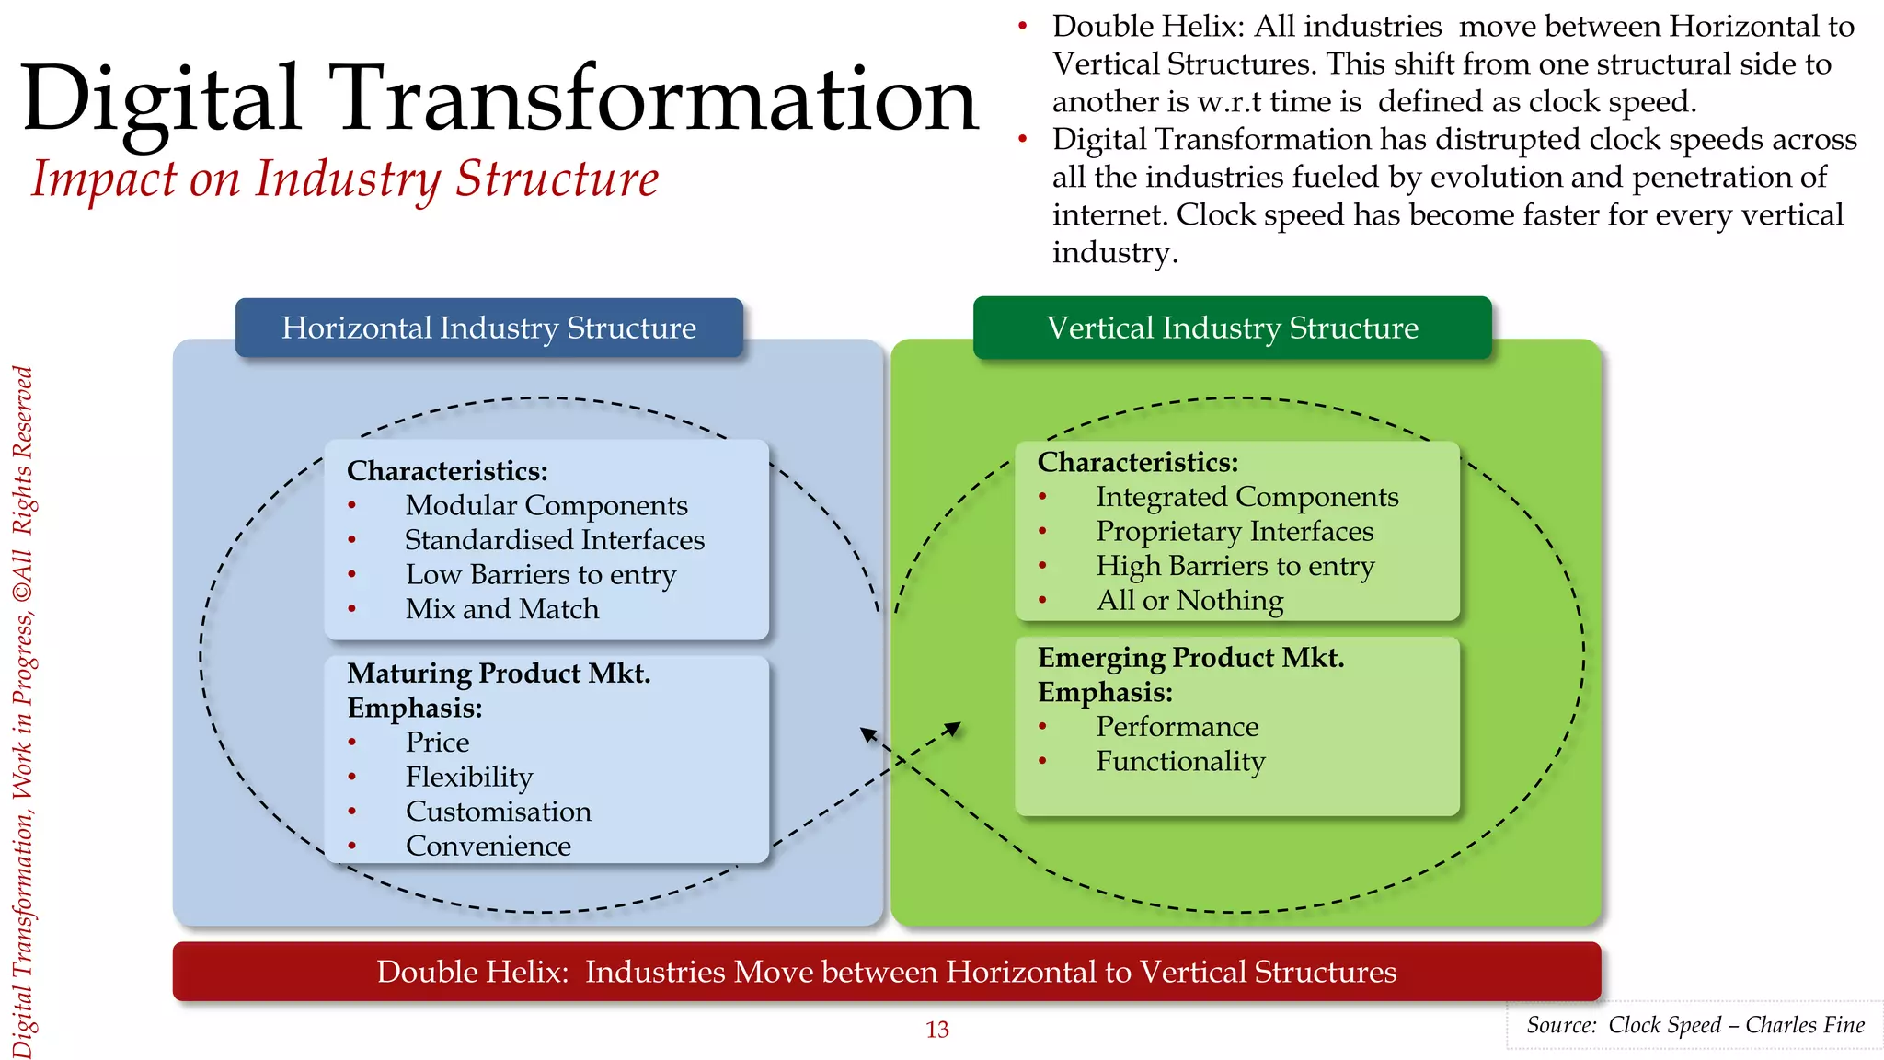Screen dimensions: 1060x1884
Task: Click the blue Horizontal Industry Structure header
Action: [x=488, y=328]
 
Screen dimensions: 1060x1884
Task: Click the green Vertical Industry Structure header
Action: [x=1232, y=328]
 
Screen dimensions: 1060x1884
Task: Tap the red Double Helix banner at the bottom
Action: [x=886, y=972]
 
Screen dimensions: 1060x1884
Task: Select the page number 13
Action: [x=936, y=1030]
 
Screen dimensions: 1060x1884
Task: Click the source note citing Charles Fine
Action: [x=1694, y=1025]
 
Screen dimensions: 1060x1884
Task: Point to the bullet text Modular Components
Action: [x=546, y=505]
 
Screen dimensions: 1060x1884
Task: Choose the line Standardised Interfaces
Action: [x=555, y=540]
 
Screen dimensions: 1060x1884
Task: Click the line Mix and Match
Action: [x=502, y=609]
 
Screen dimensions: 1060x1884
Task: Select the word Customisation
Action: [x=499, y=812]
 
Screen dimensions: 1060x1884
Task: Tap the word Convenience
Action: [x=488, y=846]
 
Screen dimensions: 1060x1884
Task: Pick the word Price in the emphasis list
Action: [x=438, y=743]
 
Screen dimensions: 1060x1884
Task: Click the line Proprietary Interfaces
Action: [x=1235, y=532]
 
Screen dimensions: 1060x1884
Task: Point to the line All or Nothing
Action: [x=1189, y=601]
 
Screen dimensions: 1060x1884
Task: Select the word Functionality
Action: [x=1180, y=762]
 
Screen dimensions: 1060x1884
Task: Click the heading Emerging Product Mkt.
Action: [x=1190, y=658]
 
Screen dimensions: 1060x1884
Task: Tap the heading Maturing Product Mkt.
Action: [x=499, y=674]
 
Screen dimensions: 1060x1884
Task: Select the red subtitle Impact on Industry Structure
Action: [x=345, y=179]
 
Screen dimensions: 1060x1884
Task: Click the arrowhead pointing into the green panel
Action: [x=954, y=728]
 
